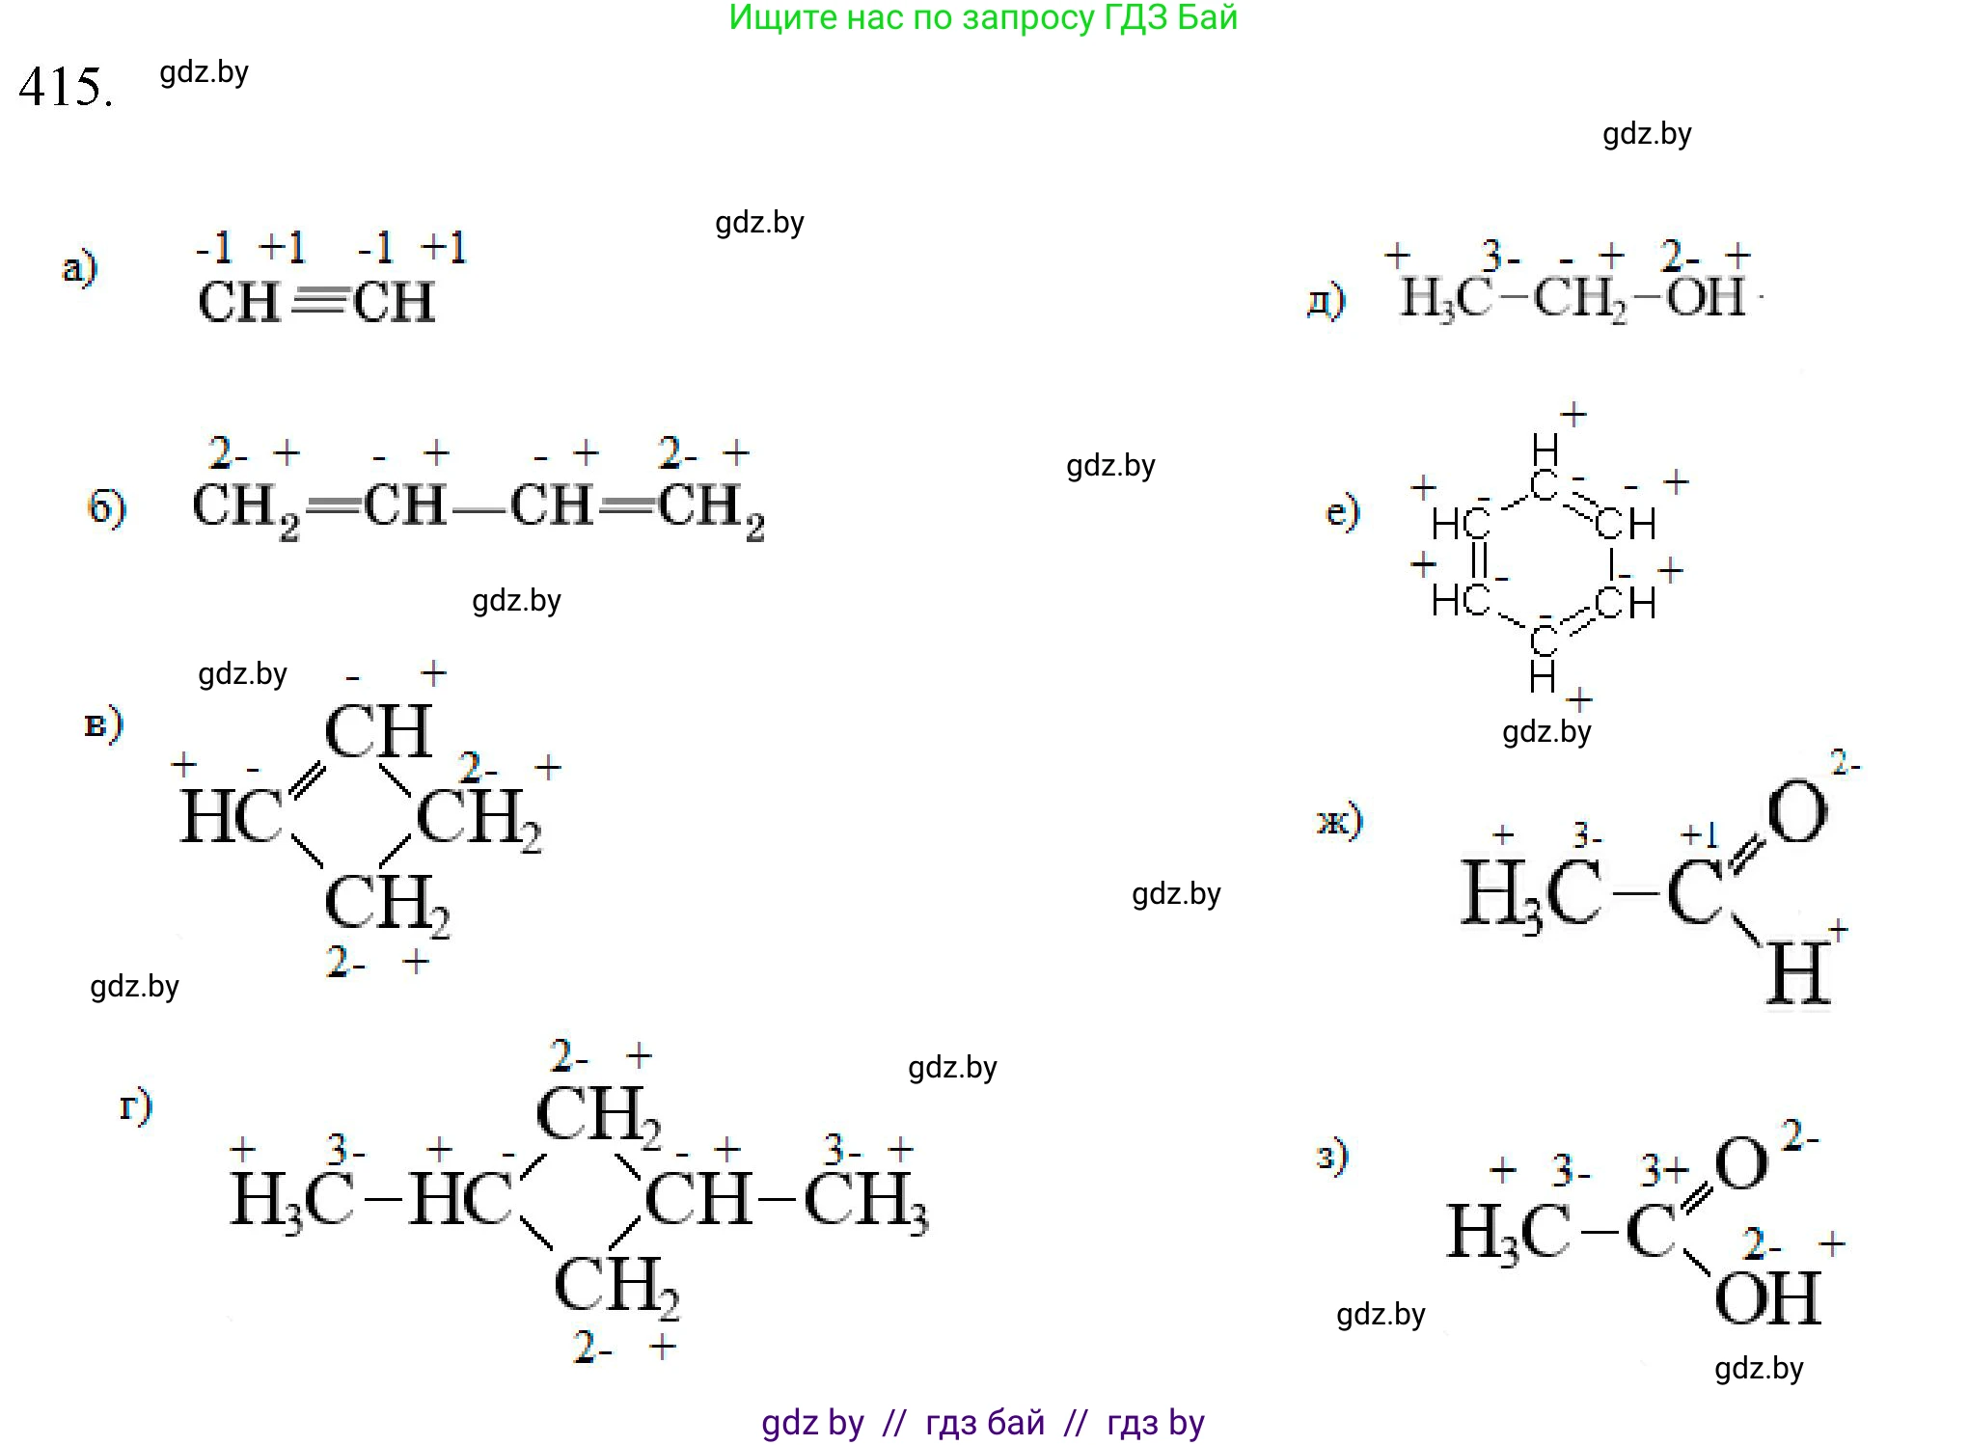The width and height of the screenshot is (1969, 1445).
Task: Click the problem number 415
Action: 65,88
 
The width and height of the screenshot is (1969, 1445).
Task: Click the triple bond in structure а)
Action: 317,302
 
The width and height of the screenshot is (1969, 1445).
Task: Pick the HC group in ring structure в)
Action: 232,817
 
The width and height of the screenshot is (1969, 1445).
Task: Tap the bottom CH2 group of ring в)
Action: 386,904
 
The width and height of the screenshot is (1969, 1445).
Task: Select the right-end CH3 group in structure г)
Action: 865,1202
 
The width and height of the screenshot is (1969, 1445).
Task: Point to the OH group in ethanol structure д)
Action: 1706,297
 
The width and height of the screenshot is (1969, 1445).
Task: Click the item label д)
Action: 1326,299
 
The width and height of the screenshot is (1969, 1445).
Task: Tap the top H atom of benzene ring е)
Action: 1545,450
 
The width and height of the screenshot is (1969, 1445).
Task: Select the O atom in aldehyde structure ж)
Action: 1797,812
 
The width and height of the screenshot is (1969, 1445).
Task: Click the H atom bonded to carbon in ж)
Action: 1798,974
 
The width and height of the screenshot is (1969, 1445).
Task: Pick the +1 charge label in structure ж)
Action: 1699,834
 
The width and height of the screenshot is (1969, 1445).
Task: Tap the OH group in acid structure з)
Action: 1767,1298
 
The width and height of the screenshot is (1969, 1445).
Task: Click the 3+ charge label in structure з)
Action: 1665,1170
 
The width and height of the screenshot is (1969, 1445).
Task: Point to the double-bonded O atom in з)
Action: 1742,1164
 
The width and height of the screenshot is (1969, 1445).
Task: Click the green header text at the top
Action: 982,17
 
